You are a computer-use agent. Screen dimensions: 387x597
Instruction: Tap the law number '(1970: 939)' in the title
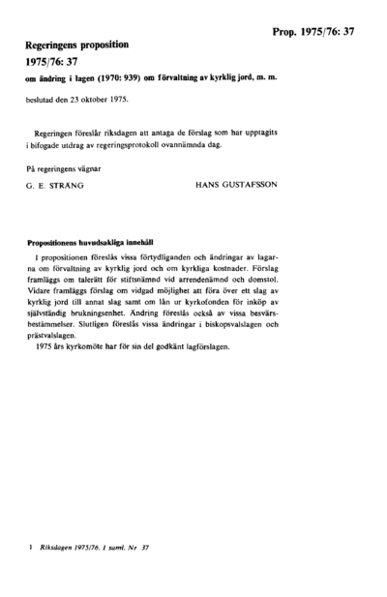(x=140, y=78)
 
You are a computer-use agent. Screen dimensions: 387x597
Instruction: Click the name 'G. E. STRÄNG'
(x=59, y=183)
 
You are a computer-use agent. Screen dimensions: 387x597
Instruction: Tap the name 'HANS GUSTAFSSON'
(x=240, y=183)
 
